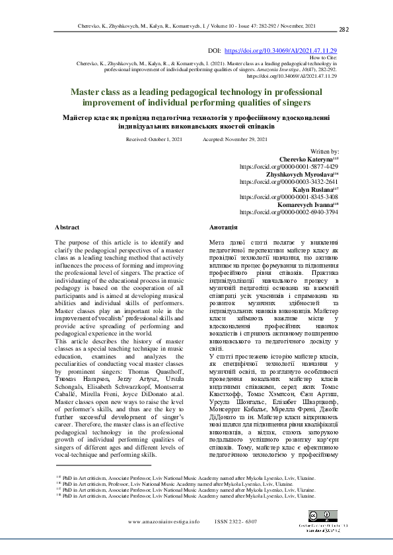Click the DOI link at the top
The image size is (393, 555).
pyautogui.click(x=281, y=51)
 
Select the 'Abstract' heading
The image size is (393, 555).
pyautogui.click(x=66, y=227)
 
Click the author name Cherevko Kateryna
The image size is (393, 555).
pyautogui.click(x=308, y=160)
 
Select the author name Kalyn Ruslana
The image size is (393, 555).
pyautogui.click(x=314, y=189)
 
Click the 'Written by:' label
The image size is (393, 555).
pyautogui.click(x=324, y=152)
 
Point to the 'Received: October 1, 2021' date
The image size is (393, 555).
pyautogui.click(x=153, y=140)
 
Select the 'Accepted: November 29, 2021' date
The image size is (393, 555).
pyautogui.click(x=235, y=140)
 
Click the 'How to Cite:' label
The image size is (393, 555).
pyautogui.click(x=323, y=58)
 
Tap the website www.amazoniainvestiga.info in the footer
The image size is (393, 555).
pyautogui.click(x=164, y=521)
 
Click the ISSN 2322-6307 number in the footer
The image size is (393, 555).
pyautogui.click(x=236, y=521)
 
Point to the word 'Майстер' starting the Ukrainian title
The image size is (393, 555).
pyautogui.click(x=78, y=117)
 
